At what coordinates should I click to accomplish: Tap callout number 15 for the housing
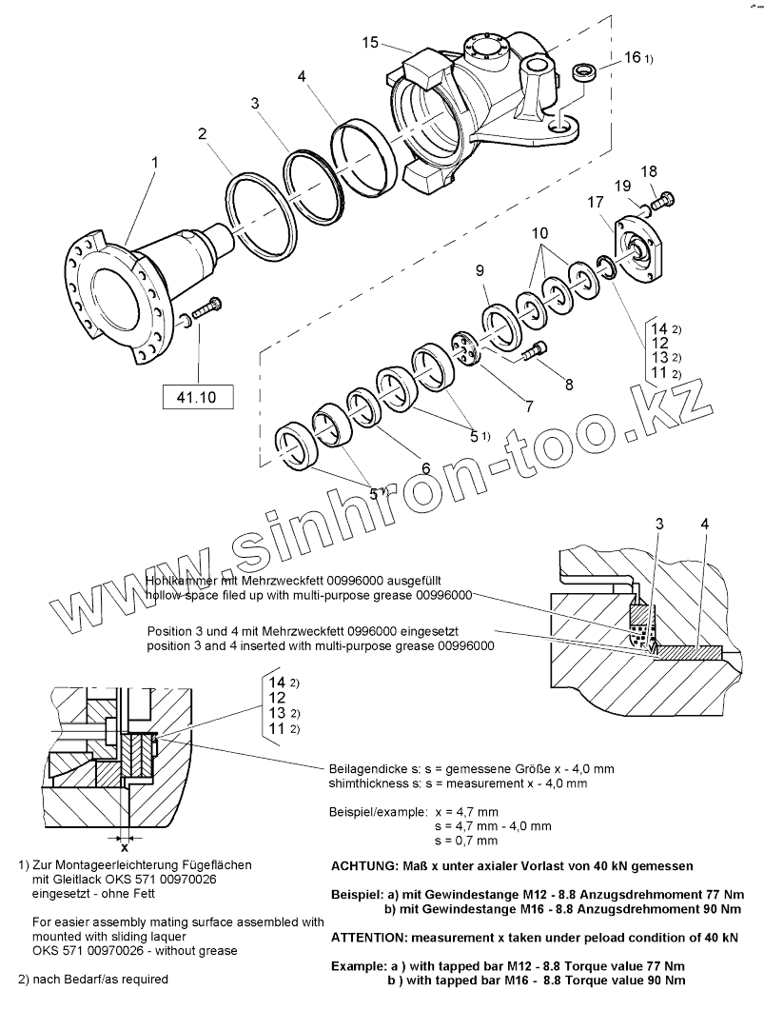371,42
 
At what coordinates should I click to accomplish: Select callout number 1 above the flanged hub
153,163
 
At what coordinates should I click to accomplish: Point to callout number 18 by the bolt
649,171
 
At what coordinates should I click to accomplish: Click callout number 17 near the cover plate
596,202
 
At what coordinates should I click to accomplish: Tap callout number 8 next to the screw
569,384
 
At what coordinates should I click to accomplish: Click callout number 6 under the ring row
425,467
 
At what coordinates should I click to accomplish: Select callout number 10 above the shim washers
539,232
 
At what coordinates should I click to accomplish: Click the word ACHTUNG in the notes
366,866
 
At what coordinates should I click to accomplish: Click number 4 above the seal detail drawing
703,525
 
